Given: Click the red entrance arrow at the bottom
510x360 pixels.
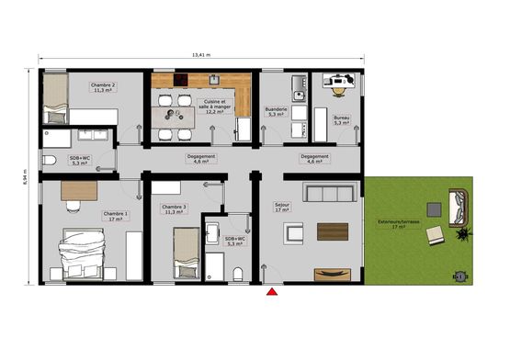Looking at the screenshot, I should click(x=272, y=293).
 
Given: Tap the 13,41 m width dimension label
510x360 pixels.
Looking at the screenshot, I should click(x=201, y=54).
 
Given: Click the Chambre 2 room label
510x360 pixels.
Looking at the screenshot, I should click(x=102, y=87).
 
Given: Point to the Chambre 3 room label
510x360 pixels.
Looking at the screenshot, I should click(x=174, y=210).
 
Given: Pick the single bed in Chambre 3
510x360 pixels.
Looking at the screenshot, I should click(x=187, y=247).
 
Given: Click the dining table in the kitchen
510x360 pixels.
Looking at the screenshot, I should click(x=174, y=116).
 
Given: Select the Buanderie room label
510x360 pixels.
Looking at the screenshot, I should click(x=277, y=111).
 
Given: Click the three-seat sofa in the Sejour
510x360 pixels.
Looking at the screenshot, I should click(x=330, y=192).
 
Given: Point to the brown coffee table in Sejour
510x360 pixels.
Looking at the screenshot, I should click(x=332, y=231).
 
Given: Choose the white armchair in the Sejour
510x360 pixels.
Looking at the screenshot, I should click(x=293, y=231).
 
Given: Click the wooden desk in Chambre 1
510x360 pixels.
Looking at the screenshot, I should click(x=80, y=190).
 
